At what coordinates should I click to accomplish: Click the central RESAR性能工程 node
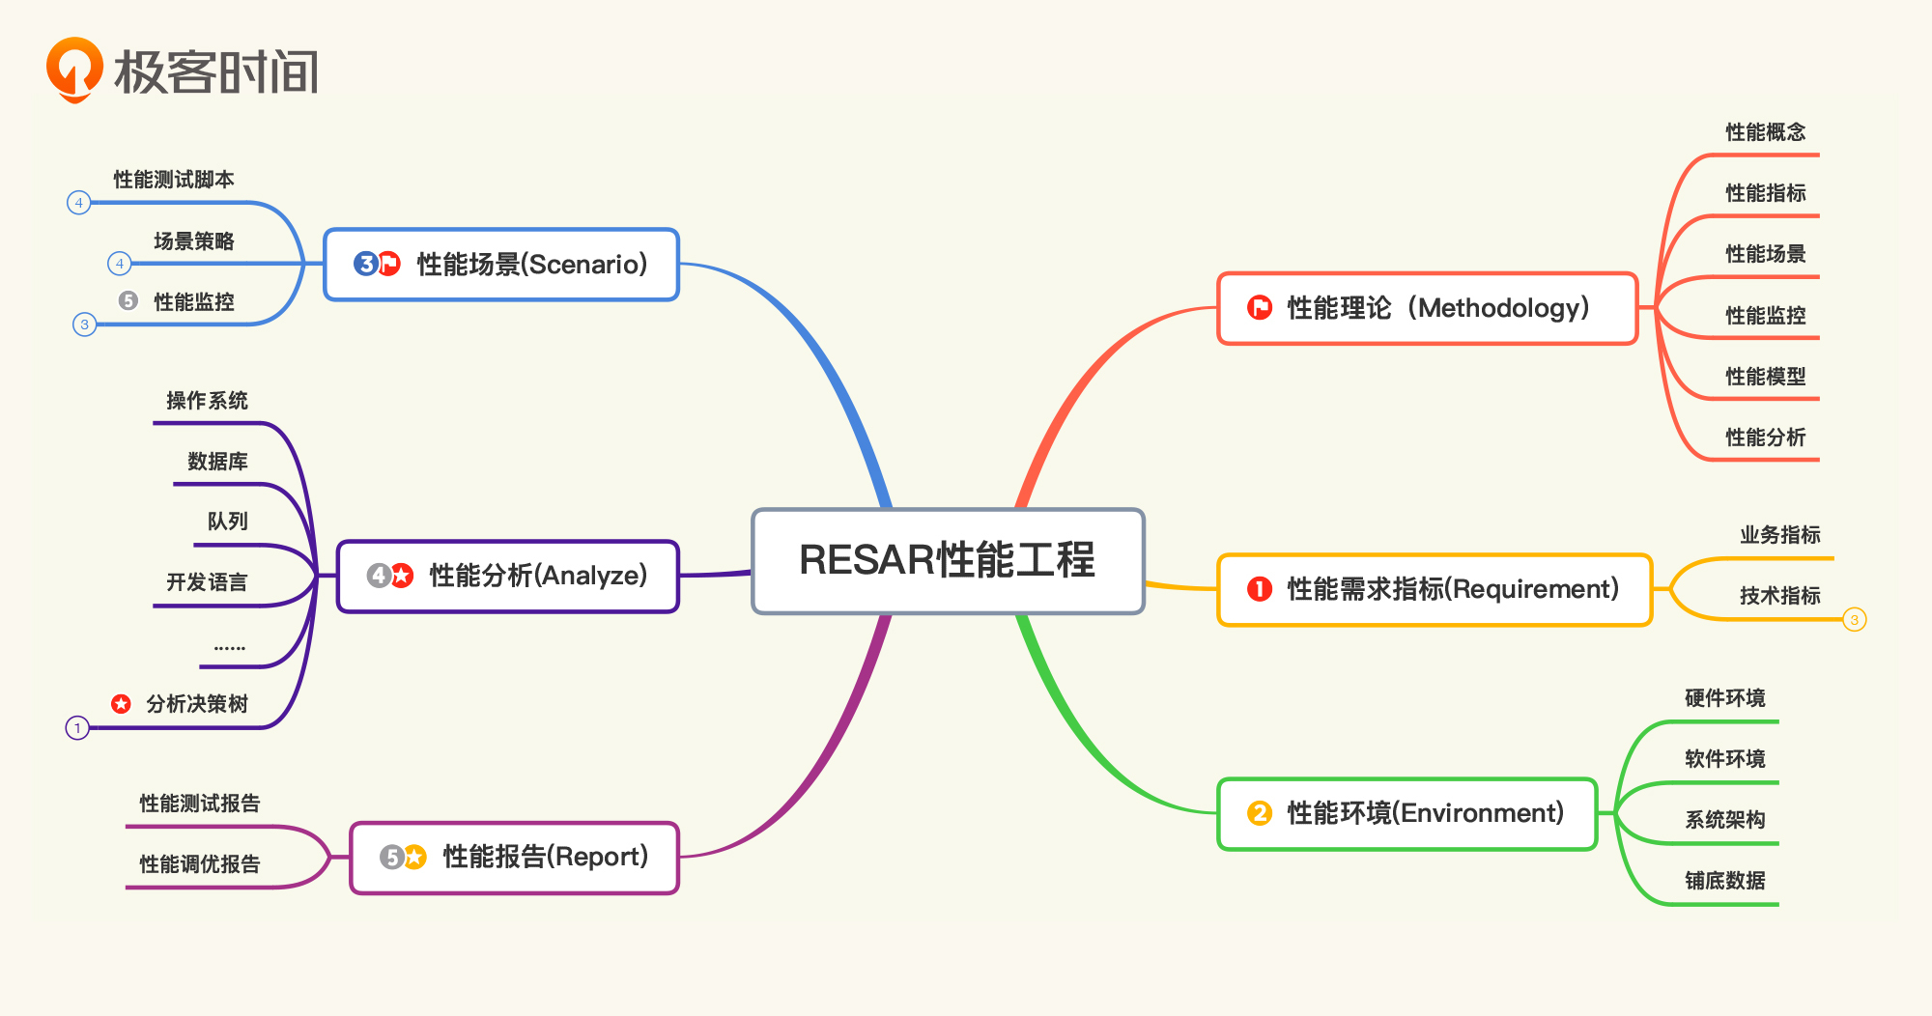click(948, 561)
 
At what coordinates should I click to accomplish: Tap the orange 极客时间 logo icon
click(74, 70)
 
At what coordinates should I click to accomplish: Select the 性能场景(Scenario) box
click(501, 265)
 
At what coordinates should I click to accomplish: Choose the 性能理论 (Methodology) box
click(1428, 309)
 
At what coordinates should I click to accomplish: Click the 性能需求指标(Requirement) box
click(1435, 590)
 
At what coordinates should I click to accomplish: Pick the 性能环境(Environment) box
click(1407, 814)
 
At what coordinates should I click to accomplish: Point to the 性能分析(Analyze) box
click(508, 577)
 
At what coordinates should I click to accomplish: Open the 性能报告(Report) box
click(514, 858)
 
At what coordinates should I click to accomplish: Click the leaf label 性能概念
click(1765, 132)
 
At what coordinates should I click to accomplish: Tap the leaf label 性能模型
click(1765, 377)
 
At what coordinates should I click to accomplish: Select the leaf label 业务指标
click(1779, 535)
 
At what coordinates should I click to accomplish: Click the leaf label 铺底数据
click(1724, 881)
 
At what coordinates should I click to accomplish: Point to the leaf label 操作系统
click(207, 401)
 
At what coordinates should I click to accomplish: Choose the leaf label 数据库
click(217, 462)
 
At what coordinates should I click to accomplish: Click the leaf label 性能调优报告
click(200, 864)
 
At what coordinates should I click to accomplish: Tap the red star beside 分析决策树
click(121, 704)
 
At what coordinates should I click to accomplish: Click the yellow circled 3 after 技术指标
click(1854, 620)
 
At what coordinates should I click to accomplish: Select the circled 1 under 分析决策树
click(77, 728)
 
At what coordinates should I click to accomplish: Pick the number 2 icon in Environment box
click(1259, 813)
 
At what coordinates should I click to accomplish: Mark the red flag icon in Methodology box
click(1260, 308)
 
